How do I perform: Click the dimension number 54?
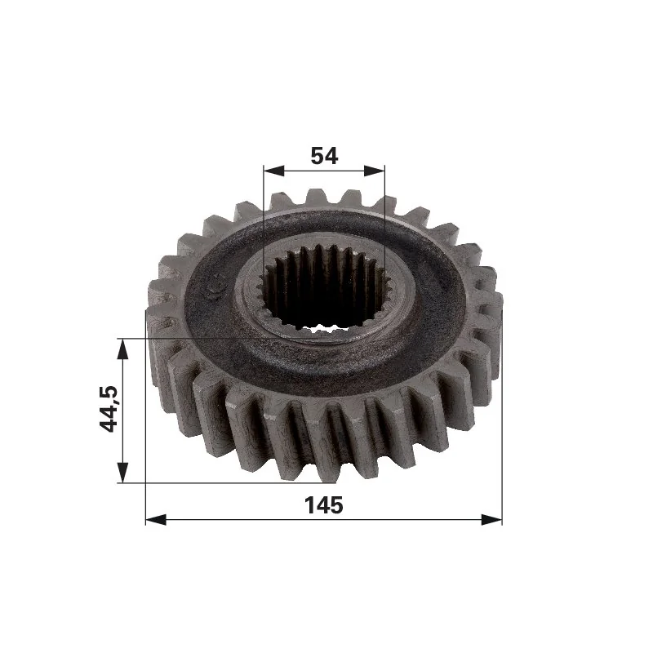(x=324, y=156)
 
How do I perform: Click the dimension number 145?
(x=323, y=505)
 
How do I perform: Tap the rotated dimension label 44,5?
(x=109, y=409)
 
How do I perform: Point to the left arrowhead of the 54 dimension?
(x=273, y=171)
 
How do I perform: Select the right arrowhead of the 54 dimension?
(x=375, y=171)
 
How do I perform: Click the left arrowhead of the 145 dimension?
(x=156, y=519)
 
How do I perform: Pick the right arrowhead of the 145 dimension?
(x=492, y=519)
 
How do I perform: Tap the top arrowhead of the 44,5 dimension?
(x=122, y=349)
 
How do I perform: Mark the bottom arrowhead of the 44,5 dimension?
(x=122, y=473)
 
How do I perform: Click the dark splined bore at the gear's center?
(x=320, y=288)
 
